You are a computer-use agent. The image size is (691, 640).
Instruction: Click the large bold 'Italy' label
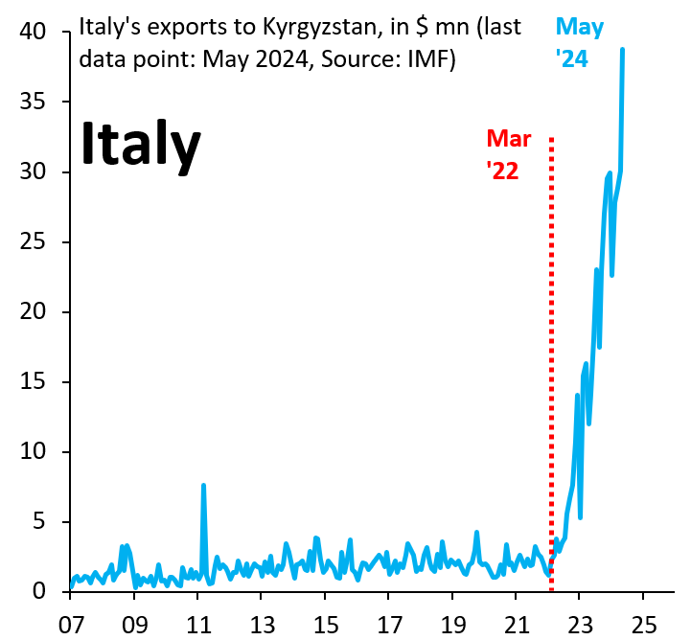click(x=140, y=145)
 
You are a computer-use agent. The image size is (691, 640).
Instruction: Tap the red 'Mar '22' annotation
click(x=508, y=154)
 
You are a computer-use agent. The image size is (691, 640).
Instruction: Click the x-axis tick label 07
click(x=71, y=623)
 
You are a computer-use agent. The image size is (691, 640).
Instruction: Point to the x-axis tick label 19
click(x=452, y=623)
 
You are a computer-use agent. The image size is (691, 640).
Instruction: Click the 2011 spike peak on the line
click(x=203, y=486)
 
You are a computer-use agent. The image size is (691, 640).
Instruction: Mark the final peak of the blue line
click(x=623, y=50)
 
